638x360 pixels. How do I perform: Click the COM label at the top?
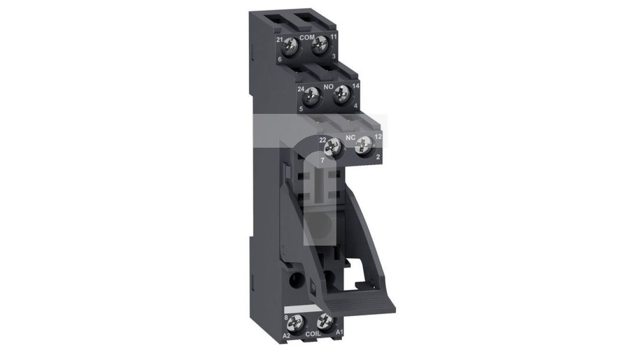click(x=307, y=37)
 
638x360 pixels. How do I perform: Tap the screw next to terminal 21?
click(x=289, y=47)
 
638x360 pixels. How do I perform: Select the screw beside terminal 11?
click(x=320, y=45)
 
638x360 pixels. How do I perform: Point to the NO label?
click(x=328, y=87)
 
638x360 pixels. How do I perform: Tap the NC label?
click(x=350, y=137)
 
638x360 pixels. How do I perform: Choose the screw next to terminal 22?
click(x=333, y=147)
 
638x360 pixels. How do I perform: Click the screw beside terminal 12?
click(x=364, y=145)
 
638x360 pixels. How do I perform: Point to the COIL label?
click(x=313, y=334)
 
